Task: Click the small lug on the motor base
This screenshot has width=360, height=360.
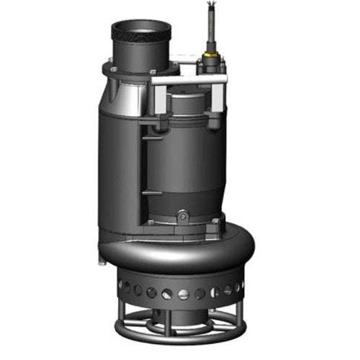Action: (182, 215)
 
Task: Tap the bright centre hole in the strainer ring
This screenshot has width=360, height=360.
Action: (182, 294)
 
